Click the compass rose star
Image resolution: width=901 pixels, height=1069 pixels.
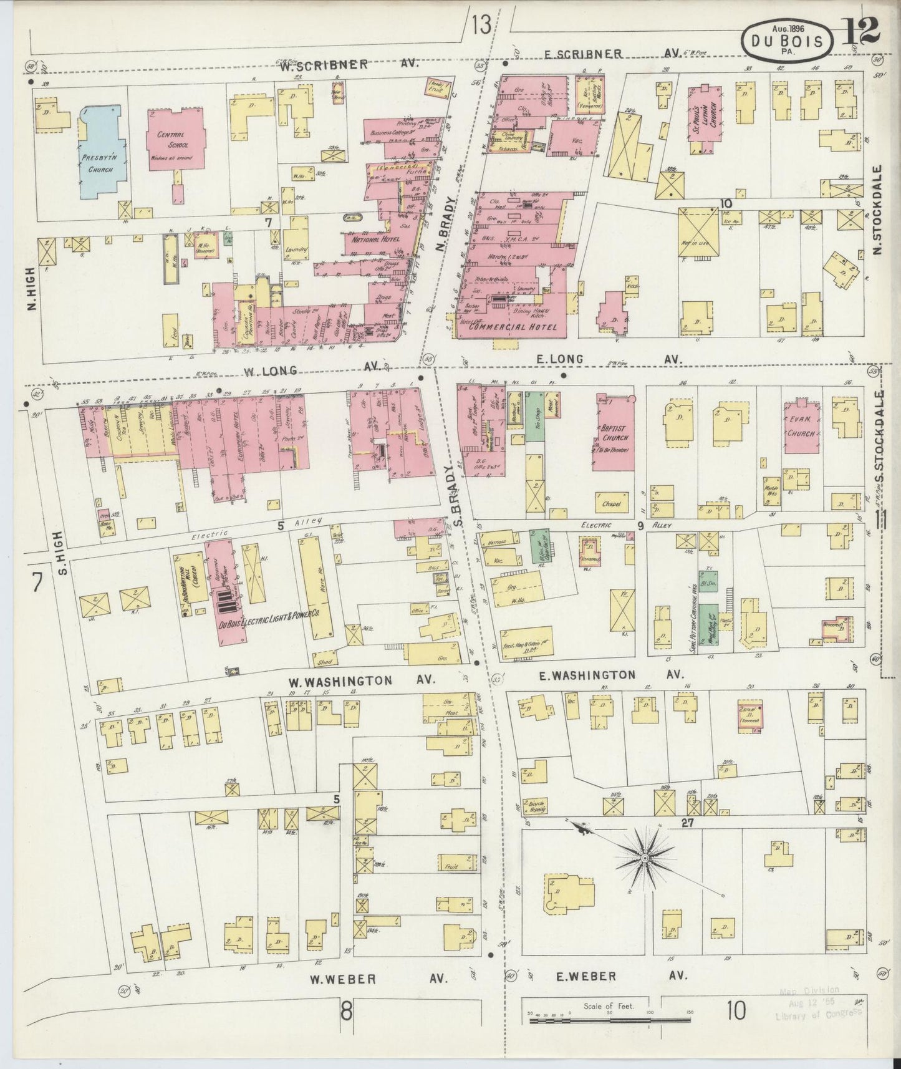[644, 859]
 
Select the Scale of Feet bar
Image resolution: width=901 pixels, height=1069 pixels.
[610, 1020]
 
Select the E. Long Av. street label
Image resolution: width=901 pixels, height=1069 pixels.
[608, 359]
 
